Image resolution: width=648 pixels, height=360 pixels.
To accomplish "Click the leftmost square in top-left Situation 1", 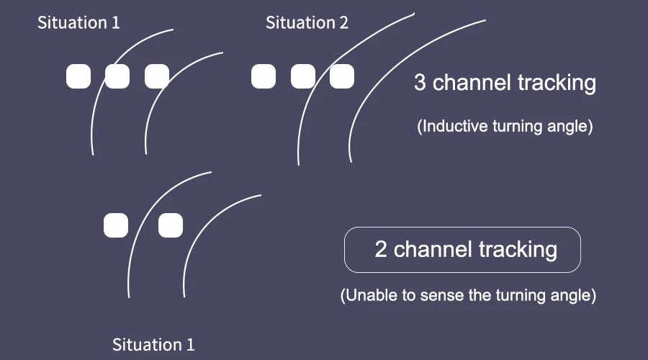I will [78, 76].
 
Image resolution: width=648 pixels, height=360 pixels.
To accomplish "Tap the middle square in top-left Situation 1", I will [117, 76].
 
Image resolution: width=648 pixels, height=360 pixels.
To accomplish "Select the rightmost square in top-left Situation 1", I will [156, 76].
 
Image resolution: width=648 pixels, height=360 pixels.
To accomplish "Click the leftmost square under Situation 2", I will [264, 76].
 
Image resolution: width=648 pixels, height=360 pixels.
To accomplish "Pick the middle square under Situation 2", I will [303, 76].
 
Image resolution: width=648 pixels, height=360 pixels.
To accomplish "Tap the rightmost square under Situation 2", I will [342, 76].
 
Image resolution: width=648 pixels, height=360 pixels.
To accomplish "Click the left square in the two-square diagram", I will [116, 225].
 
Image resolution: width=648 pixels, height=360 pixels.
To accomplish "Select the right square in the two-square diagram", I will [171, 225].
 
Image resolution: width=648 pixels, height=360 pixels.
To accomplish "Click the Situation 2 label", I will [307, 23].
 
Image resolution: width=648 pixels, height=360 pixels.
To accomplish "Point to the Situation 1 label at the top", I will [78, 23].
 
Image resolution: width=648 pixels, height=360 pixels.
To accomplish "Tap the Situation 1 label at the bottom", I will [153, 344].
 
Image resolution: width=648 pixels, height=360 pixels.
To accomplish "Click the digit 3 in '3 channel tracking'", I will [420, 83].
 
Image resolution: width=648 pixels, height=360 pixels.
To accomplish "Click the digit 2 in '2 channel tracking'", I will [381, 250].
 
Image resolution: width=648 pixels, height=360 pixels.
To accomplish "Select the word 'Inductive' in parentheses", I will [453, 127].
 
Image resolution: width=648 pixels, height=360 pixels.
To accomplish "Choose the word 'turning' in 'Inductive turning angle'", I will [517, 127].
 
